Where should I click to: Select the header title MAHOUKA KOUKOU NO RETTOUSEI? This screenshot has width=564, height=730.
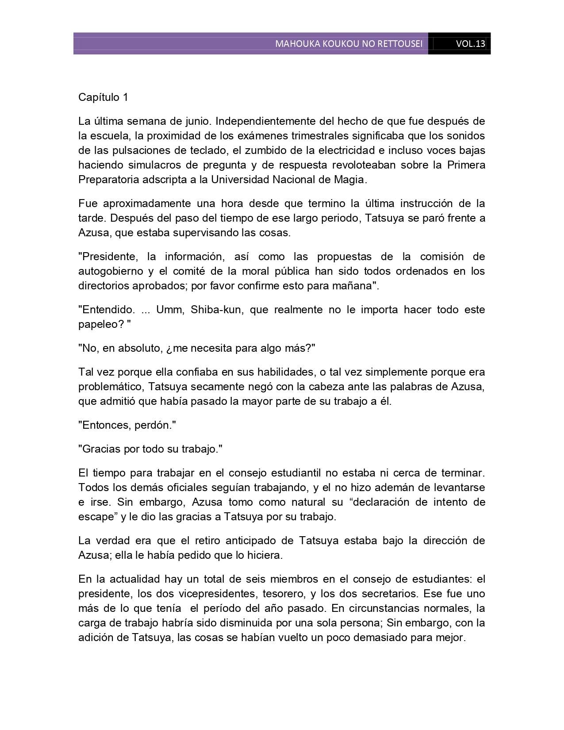click(349, 44)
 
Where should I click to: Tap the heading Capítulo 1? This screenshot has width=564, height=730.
click(103, 97)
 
